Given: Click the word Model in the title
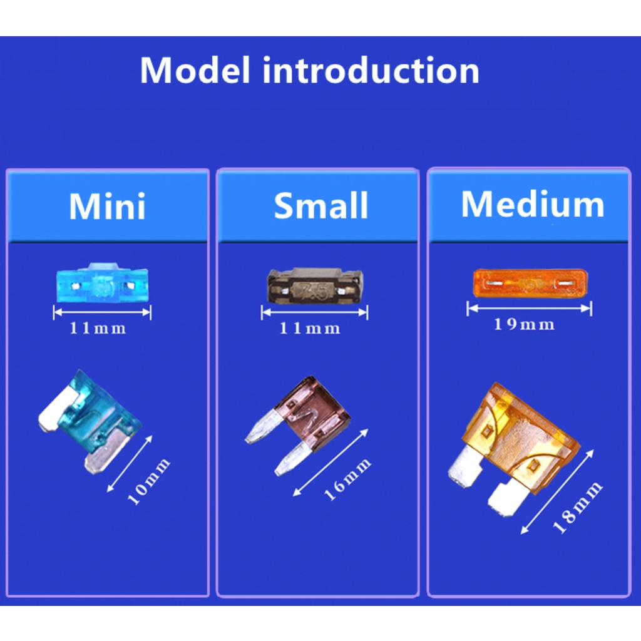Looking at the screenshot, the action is point(195,70).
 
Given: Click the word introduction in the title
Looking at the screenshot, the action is point(371,70).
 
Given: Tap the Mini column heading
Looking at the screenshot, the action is point(107,206).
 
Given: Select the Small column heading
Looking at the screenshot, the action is point(321,205).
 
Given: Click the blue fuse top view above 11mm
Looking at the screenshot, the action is point(102,284).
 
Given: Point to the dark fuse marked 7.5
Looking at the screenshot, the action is point(315,286).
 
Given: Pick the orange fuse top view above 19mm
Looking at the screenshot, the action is point(530,282).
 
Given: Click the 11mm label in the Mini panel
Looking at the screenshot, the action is point(98,328).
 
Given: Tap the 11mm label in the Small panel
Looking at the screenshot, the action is point(309,328).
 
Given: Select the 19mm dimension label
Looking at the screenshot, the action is point(524,325).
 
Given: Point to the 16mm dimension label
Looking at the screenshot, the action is point(347,479).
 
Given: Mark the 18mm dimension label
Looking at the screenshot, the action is point(577,508).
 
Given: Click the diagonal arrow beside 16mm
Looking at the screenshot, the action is point(331,463).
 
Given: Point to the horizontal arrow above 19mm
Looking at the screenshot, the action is point(530,308).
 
